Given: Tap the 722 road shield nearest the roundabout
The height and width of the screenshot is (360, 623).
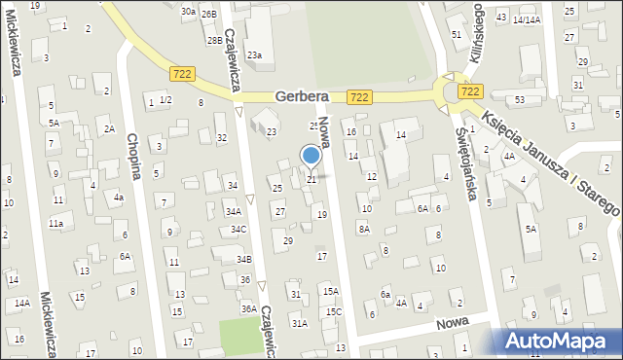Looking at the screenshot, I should (x=470, y=90).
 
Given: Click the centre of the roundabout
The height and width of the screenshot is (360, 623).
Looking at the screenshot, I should (x=457, y=92).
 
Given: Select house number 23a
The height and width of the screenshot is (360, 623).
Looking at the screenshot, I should (x=254, y=55).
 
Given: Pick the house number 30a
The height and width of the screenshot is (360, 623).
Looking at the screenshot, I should (x=188, y=11).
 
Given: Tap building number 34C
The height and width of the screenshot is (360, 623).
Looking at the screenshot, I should (x=238, y=230).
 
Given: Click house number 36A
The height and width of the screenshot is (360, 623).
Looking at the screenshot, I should (x=249, y=308).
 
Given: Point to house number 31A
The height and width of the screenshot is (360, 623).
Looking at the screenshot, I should (x=300, y=323).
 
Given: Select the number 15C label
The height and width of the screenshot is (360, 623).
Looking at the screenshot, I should (x=334, y=311).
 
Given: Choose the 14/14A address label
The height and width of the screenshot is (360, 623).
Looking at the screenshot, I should (x=527, y=19).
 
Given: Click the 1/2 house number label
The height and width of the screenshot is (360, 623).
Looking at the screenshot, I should (x=166, y=100).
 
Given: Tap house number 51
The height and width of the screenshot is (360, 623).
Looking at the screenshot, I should (x=457, y=35).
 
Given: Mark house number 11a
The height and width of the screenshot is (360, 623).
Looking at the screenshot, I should (x=57, y=224).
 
